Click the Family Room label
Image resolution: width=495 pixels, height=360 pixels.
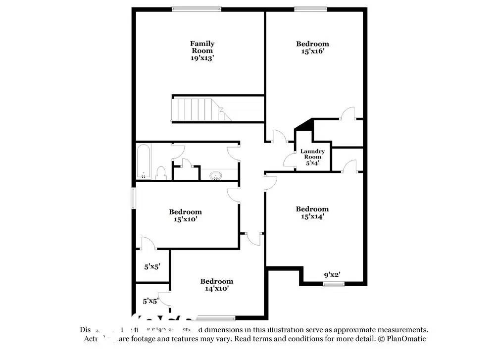tap(202, 47)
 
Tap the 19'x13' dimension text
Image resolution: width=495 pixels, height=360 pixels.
tap(202, 58)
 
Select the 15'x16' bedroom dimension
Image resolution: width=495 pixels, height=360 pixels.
tap(312, 51)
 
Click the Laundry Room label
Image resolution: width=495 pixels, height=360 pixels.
tap(312, 154)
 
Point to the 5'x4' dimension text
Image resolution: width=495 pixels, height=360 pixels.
tap(312, 162)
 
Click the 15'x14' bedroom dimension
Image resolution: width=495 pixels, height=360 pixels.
tap(312, 216)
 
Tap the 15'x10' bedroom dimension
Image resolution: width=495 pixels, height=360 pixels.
tap(185, 219)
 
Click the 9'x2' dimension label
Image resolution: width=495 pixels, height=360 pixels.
tap(332, 275)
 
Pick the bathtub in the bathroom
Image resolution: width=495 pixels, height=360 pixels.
tap(144, 161)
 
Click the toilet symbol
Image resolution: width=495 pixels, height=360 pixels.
tap(160, 173)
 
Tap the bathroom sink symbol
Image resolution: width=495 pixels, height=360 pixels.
tap(216, 176)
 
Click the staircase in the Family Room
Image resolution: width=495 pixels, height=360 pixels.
tap(200, 109)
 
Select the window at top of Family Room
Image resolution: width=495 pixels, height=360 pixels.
tap(197, 8)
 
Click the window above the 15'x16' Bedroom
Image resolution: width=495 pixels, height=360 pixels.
tap(310, 8)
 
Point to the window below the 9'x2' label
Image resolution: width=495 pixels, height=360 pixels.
tap(333, 284)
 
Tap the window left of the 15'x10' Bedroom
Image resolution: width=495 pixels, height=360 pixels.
tap(133, 198)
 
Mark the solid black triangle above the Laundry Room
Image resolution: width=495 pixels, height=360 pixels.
tap(306, 124)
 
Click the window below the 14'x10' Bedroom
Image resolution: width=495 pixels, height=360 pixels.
tap(216, 317)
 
